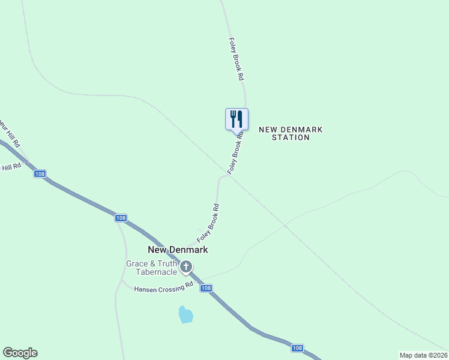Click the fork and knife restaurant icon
[237, 118]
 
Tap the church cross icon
[186, 266]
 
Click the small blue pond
[186, 314]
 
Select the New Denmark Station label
[291, 133]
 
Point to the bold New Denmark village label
[178, 250]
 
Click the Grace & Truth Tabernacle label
[152, 268]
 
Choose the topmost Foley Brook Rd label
[237, 59]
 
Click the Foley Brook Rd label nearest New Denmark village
[208, 223]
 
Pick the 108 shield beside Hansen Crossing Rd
[206, 289]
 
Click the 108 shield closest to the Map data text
[298, 348]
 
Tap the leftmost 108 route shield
[40, 174]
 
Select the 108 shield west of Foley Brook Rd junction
[121, 218]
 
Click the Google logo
[20, 353]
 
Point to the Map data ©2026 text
[424, 355]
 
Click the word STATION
[291, 137]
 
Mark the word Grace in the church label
[136, 263]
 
